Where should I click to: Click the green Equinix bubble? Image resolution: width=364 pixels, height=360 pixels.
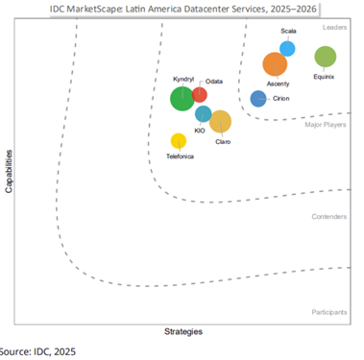click(326, 57)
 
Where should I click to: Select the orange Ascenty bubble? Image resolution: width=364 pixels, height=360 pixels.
click(276, 64)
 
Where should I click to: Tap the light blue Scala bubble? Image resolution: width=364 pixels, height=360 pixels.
click(287, 48)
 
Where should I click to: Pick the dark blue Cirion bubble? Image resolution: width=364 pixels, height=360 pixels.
click(257, 98)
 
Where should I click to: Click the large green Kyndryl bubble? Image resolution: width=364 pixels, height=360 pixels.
click(182, 98)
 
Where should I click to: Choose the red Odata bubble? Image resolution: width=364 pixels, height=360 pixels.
click(199, 94)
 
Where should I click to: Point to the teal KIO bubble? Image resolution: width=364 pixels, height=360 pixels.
click(203, 114)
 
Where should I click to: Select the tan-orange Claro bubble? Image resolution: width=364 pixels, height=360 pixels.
click(220, 121)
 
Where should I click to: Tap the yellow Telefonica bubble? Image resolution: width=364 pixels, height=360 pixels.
click(178, 141)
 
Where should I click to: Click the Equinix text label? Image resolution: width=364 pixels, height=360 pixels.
click(324, 77)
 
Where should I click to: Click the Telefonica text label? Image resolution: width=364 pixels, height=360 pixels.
click(180, 156)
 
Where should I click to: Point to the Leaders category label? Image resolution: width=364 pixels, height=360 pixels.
click(335, 28)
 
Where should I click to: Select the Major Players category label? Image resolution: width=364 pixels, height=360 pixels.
click(327, 125)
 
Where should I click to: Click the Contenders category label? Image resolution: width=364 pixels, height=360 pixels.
click(329, 217)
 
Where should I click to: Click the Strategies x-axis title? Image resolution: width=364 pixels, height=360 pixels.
click(182, 332)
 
